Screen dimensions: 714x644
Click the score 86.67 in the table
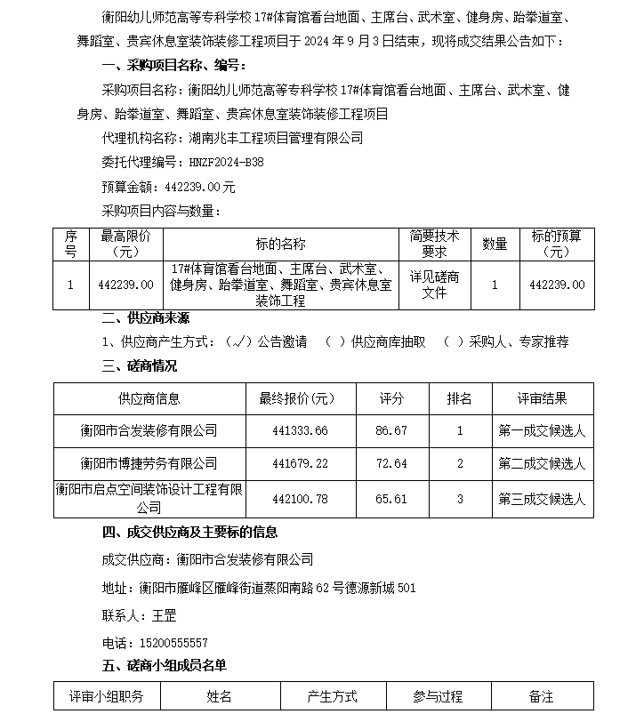point(391,430)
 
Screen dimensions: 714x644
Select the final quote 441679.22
point(300,463)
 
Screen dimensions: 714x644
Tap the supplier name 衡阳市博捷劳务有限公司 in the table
point(149,463)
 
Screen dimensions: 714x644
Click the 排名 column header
point(460,399)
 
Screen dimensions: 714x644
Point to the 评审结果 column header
point(542,399)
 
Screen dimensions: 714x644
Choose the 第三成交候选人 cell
point(542,499)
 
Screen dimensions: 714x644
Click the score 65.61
point(391,499)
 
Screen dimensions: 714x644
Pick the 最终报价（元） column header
point(296,399)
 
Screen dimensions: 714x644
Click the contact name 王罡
point(165,614)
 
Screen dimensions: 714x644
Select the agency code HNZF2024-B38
point(226,163)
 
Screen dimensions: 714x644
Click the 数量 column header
point(495,244)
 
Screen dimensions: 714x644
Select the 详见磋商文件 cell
point(434,285)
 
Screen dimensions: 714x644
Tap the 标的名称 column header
point(280,244)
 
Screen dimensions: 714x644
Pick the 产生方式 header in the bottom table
point(332,697)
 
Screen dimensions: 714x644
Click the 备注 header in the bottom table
point(541,697)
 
